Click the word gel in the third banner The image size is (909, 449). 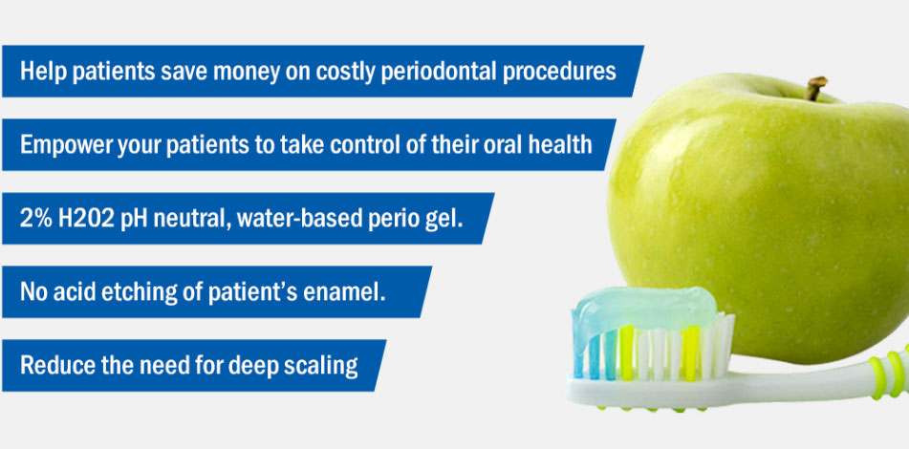(448, 221)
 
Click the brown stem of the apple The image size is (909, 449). (815, 88)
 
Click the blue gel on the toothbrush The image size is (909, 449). (643, 309)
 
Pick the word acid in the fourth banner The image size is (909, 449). (75, 292)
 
